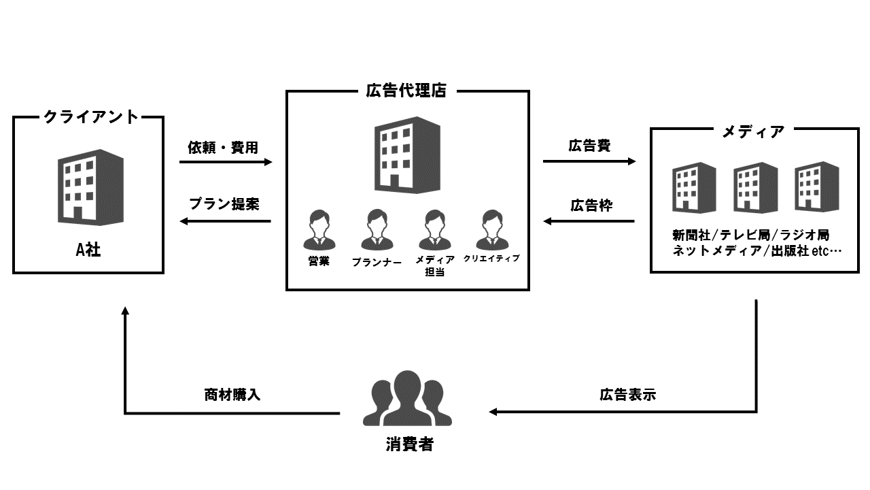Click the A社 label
point(88,250)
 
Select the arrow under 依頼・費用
point(226,163)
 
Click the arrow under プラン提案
point(226,221)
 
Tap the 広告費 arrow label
point(589,145)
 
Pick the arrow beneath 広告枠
point(589,221)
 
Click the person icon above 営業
point(319,230)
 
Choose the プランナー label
point(377,261)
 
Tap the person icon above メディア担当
point(435,230)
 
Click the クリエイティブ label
point(491,259)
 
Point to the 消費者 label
point(406,446)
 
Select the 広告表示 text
point(627,395)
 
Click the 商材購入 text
point(232,395)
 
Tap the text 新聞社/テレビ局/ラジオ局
point(750,235)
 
